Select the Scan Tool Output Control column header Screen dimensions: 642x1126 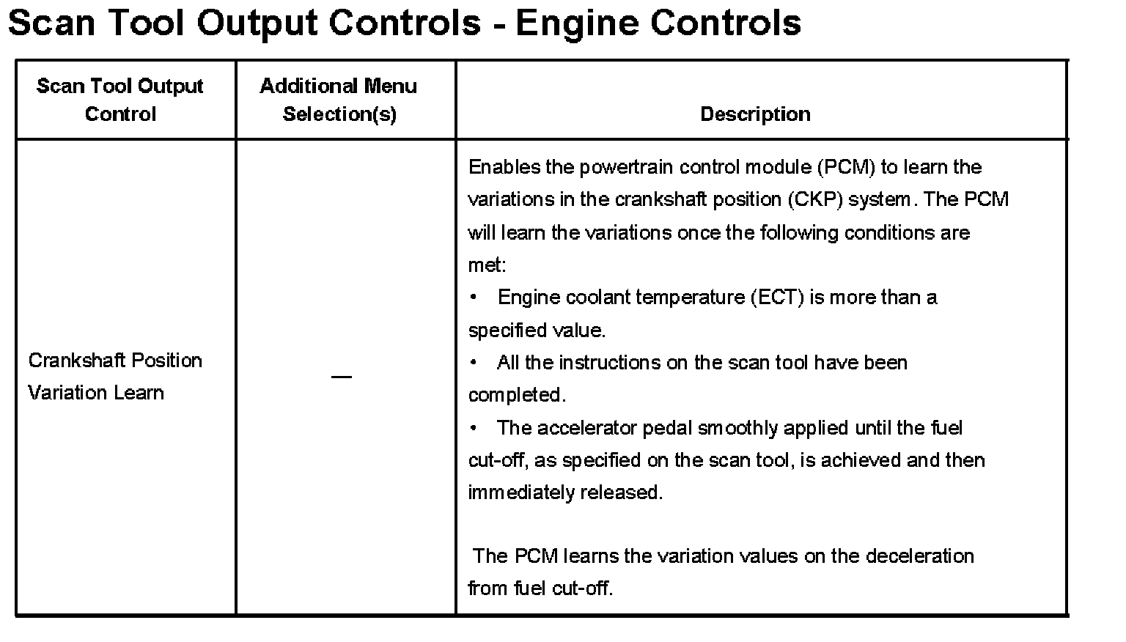(119, 100)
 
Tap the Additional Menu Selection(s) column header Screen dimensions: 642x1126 (339, 100)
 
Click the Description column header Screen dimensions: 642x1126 (755, 114)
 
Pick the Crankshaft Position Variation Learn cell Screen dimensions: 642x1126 (114, 376)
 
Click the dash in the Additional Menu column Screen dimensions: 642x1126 (341, 377)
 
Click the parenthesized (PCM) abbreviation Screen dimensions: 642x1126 (847, 167)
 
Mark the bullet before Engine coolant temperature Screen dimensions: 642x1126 (474, 298)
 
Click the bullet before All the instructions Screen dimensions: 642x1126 (474, 363)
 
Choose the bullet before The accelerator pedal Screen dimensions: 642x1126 (474, 428)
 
